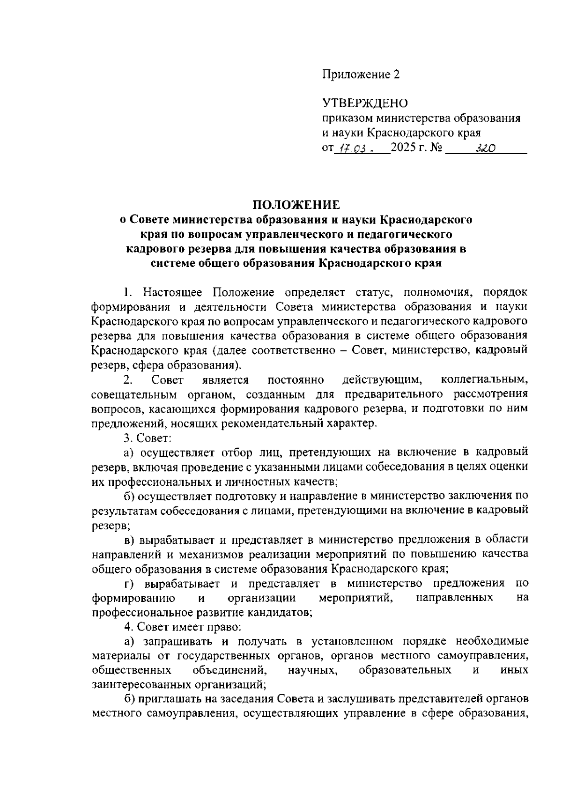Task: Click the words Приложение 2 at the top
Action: pos(361,75)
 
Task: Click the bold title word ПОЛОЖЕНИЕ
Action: pos(296,205)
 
